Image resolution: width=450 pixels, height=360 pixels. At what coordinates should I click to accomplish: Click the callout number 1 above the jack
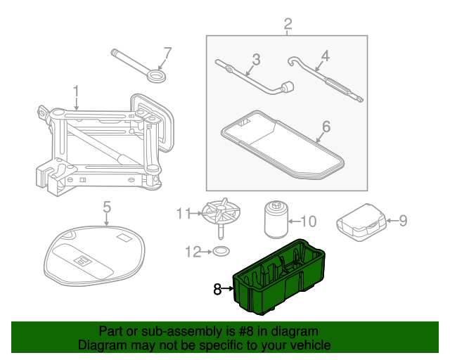pyautogui.click(x=76, y=91)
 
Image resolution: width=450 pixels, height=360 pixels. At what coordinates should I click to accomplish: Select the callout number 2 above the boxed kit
pyautogui.click(x=288, y=26)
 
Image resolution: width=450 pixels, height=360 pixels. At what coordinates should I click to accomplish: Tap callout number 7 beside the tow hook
pyautogui.click(x=167, y=53)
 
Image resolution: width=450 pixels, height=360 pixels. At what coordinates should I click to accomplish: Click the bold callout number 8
pyautogui.click(x=217, y=288)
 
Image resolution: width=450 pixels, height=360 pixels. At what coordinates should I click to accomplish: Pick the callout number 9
pyautogui.click(x=403, y=221)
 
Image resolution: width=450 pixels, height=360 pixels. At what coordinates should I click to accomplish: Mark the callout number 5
pyautogui.click(x=107, y=207)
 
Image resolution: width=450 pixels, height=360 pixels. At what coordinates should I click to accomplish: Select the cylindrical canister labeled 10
pyautogui.click(x=275, y=221)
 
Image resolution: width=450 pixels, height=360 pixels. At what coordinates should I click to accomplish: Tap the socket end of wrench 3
pyautogui.click(x=286, y=89)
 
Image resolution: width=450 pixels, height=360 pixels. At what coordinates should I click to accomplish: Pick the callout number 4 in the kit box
pyautogui.click(x=325, y=56)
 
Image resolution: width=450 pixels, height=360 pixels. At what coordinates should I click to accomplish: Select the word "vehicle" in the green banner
pyautogui.click(x=305, y=345)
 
